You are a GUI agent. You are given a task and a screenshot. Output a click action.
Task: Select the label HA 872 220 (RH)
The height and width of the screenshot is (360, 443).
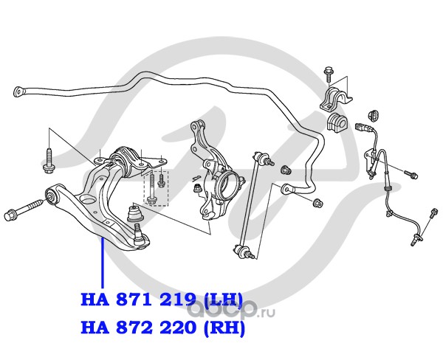(162, 325)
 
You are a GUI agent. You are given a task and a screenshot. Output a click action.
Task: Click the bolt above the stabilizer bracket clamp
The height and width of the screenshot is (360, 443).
(329, 74)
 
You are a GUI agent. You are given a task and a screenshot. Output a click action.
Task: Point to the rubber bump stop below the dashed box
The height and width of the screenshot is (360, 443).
(134, 215)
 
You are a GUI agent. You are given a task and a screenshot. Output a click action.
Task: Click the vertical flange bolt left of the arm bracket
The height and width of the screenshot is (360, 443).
(49, 160)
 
